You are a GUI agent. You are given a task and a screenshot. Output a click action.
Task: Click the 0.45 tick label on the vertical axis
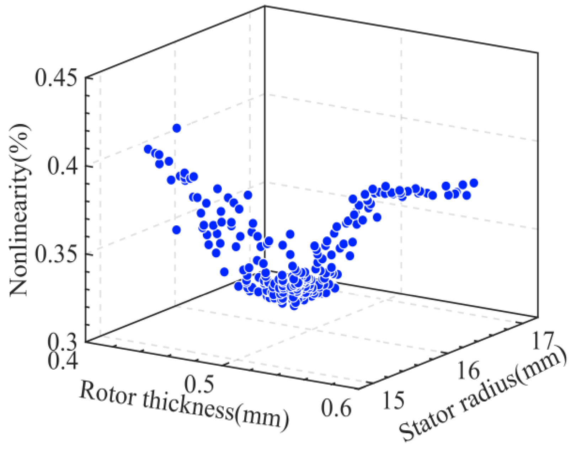coord(56,79)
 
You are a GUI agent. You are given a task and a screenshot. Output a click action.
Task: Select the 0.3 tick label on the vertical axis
coord(63,342)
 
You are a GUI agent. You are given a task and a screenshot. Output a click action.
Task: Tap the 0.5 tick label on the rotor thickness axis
coord(200,384)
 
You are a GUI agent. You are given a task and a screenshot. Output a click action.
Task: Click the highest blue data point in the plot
coord(177,128)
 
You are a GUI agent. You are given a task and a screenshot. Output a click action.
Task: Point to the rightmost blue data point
coord(474,183)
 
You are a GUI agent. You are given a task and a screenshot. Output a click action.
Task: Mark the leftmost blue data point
coord(148,149)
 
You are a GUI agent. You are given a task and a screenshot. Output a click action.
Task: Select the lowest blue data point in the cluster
coord(294,306)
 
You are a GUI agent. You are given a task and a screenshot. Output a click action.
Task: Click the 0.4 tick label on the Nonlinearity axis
coord(63,167)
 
